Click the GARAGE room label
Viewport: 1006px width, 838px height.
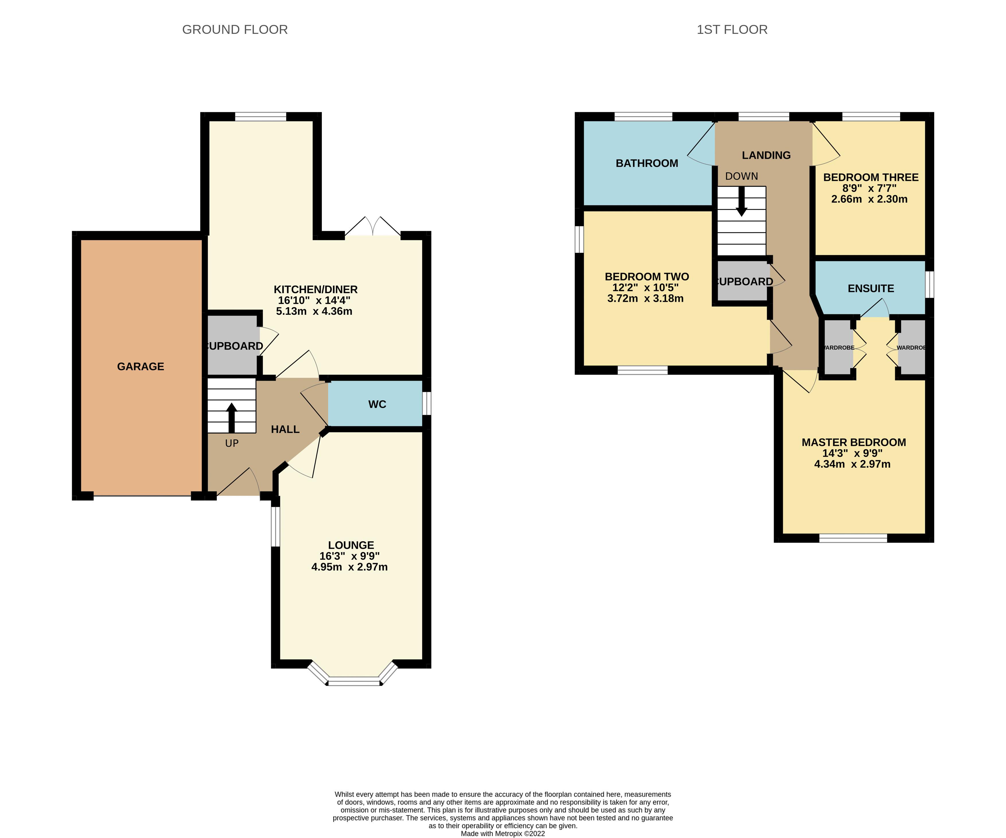(x=140, y=367)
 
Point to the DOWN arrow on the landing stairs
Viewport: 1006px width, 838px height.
(x=742, y=201)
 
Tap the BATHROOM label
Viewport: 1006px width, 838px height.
(x=647, y=164)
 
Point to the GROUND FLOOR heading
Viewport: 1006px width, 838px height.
(x=235, y=30)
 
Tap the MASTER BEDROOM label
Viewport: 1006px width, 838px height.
(x=854, y=442)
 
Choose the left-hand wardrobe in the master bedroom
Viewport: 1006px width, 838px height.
(x=838, y=347)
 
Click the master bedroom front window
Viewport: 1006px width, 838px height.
(x=853, y=538)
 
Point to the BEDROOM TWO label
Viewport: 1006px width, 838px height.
(x=647, y=277)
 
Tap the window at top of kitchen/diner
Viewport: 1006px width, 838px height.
(x=260, y=116)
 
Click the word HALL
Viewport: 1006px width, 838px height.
(x=285, y=429)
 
